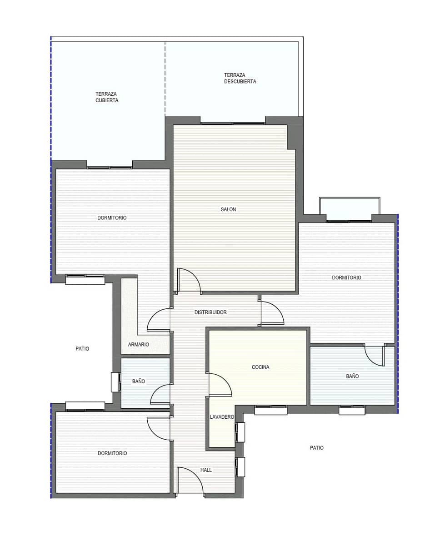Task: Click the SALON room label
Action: [228, 209]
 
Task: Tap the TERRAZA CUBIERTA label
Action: [107, 97]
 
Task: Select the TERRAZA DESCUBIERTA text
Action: [240, 79]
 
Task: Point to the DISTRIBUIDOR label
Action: [210, 312]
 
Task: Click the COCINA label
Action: [260, 367]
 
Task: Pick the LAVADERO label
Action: [222, 417]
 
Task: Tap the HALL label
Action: [206, 470]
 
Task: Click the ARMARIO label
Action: [138, 345]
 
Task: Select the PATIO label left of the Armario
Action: [82, 349]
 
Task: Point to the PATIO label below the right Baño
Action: [317, 448]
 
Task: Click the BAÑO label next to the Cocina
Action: [352, 376]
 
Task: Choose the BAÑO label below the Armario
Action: [139, 381]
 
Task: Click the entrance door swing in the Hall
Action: [190, 480]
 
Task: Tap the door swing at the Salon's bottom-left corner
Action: [189, 280]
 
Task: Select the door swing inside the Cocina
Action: [220, 385]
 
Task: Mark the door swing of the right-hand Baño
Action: [375, 356]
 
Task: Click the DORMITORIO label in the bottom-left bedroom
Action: [112, 453]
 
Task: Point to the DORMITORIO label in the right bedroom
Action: [346, 277]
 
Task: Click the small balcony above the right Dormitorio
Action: [350, 209]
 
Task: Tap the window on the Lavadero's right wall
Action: [240, 432]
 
